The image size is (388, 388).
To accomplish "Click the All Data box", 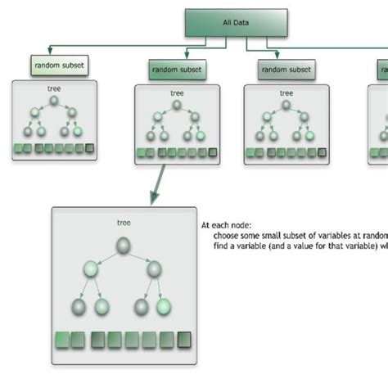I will (x=237, y=22).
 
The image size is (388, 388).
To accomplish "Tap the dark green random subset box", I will (x=178, y=70).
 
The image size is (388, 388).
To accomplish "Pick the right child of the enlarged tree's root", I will (x=153, y=269).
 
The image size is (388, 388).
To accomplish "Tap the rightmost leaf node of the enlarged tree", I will (x=165, y=307).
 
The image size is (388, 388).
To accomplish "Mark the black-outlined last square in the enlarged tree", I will (x=184, y=338).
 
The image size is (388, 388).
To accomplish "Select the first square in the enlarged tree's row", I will (x=61, y=338).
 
